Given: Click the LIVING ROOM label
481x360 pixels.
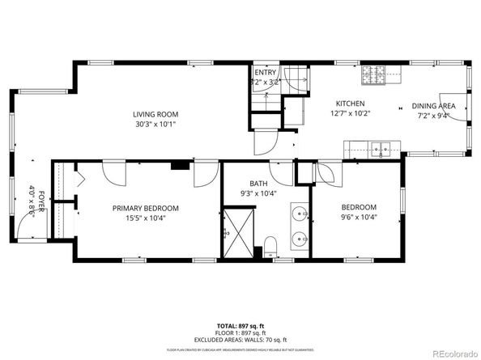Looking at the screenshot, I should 155,115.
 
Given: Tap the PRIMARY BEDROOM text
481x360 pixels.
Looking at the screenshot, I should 145,208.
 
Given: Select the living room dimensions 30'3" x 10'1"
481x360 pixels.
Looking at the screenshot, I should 155,125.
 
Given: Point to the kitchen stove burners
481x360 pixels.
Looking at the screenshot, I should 373,74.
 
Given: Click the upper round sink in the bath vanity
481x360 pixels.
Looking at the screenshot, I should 300,214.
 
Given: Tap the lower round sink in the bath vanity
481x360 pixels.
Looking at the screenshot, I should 300,239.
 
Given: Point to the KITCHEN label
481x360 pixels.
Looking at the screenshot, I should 351,104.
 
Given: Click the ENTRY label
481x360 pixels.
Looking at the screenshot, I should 265,72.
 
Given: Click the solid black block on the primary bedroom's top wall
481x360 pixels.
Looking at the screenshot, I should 180,167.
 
